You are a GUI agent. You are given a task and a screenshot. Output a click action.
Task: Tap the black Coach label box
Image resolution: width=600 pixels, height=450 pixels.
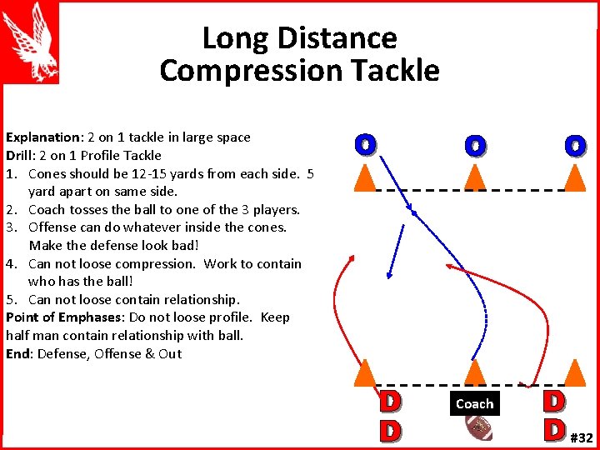[474, 403]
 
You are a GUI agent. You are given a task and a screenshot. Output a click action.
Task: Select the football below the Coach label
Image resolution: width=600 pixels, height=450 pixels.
[479, 427]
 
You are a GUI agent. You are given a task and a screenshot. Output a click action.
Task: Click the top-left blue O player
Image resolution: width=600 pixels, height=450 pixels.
[364, 144]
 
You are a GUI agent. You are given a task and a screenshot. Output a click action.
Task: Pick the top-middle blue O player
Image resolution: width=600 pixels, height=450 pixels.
[474, 146]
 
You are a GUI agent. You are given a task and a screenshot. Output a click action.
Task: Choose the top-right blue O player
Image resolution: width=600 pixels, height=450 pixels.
[574, 146]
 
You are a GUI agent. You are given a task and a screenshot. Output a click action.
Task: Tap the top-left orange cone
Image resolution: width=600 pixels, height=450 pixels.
[364, 176]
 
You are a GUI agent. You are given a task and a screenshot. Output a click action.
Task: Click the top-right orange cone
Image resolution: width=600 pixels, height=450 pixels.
[574, 176]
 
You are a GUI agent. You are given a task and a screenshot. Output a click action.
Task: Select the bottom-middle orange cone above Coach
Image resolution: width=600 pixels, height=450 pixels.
[474, 373]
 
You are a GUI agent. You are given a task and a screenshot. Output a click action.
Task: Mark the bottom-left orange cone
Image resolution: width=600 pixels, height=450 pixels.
[364, 373]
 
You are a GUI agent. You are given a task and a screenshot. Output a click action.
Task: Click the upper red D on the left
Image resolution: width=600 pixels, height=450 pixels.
[387, 402]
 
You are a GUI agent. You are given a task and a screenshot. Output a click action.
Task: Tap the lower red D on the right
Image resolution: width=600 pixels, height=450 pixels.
[552, 428]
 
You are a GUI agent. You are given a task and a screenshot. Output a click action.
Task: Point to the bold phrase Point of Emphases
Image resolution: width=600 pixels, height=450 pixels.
[62, 317]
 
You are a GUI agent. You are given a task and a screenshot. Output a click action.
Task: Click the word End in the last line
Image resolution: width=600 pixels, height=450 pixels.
[17, 353]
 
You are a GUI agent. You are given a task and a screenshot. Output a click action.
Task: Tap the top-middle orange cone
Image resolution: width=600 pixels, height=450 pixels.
[474, 176]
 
